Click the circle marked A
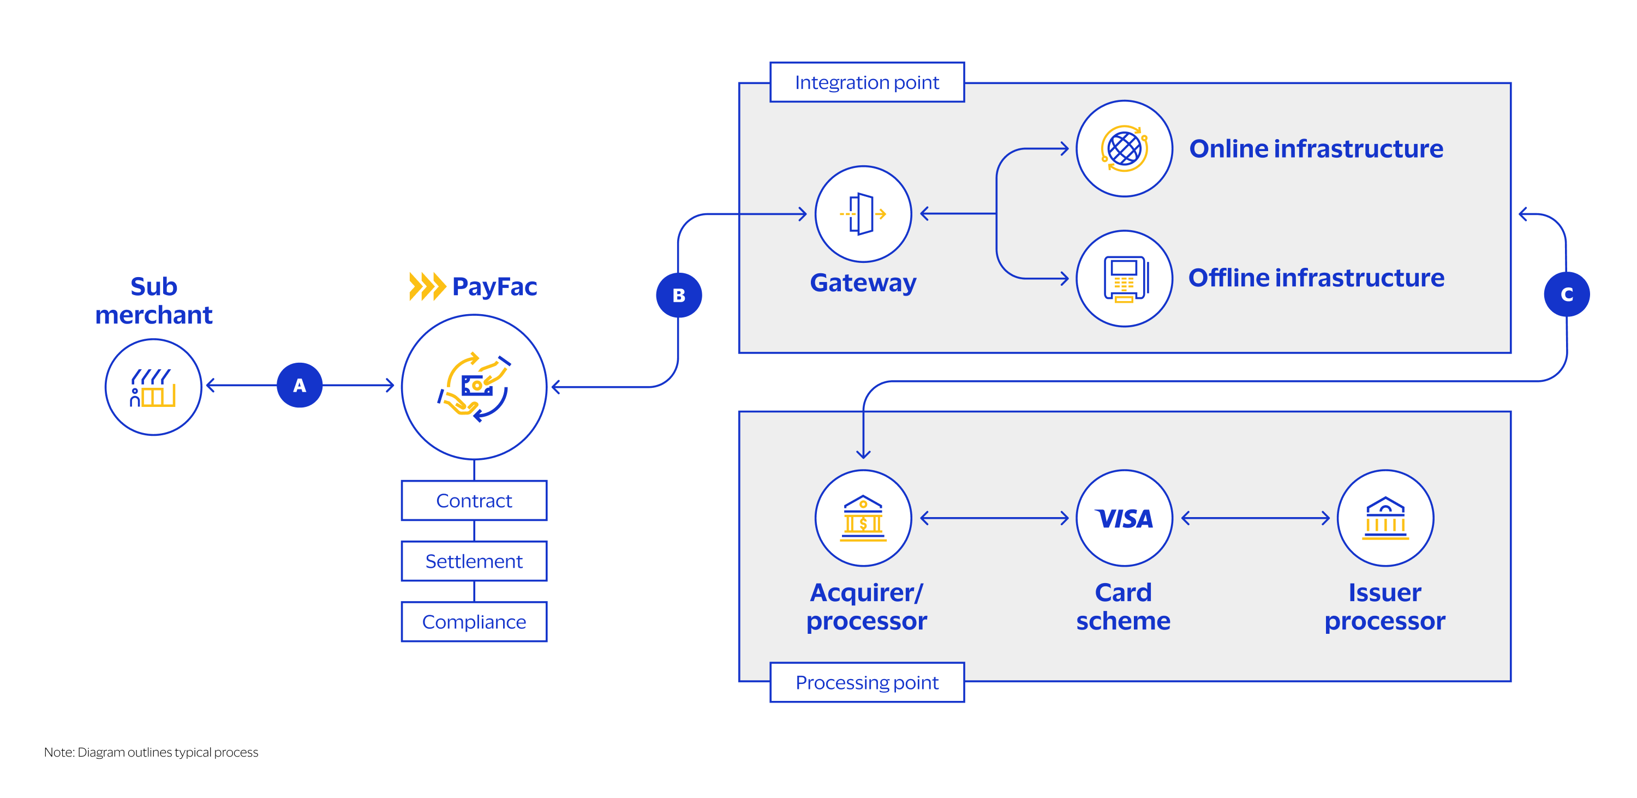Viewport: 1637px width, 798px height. point(300,385)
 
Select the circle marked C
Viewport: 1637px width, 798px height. point(1567,294)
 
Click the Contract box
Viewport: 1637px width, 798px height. point(474,501)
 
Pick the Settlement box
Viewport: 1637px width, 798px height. point(474,561)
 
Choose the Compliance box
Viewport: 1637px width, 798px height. point(474,621)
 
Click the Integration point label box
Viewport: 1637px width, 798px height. point(867,82)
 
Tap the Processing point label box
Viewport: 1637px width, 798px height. point(867,682)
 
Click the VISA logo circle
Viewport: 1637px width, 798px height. point(1124,518)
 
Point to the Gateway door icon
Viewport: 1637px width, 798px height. point(863,214)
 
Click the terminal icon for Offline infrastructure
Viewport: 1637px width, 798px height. point(1124,278)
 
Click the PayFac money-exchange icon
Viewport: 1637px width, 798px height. point(474,387)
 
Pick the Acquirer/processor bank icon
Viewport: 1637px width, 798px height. point(863,518)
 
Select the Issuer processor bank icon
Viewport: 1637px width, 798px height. point(1385,518)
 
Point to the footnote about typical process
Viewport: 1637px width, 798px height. point(151,752)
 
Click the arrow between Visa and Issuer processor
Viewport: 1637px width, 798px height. point(1255,518)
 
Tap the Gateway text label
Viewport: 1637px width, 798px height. point(863,283)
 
